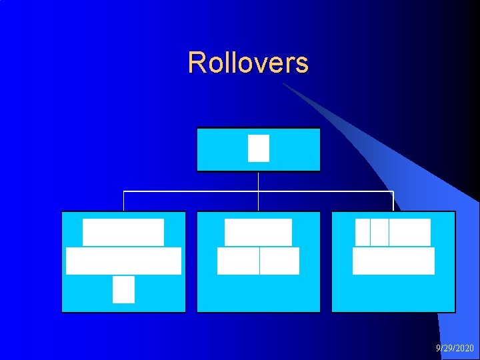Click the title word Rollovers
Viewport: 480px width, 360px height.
(x=248, y=63)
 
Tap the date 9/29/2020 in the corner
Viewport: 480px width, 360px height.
(x=455, y=348)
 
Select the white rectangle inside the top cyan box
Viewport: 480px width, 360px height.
(x=259, y=148)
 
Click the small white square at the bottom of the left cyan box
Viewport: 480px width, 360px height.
(x=123, y=289)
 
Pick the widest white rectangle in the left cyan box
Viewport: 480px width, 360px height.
(x=123, y=261)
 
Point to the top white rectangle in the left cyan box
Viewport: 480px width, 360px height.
(x=123, y=232)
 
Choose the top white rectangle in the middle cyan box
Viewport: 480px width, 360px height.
(x=258, y=232)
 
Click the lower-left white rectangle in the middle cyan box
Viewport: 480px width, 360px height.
(x=238, y=261)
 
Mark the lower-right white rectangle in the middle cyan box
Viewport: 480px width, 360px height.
(x=279, y=261)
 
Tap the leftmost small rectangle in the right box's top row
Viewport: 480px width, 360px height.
(x=362, y=232)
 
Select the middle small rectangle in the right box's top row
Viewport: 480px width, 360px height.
(x=379, y=232)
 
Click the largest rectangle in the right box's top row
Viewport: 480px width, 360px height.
(x=410, y=232)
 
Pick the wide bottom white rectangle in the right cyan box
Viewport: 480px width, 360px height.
(x=393, y=261)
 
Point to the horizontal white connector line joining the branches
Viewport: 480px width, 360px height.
(x=193, y=192)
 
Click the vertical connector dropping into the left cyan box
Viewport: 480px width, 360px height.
(x=123, y=201)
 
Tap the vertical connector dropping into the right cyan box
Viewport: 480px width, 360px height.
(x=393, y=201)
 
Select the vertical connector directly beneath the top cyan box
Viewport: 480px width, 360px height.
(x=258, y=181)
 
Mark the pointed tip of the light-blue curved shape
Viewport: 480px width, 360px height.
(x=284, y=84)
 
